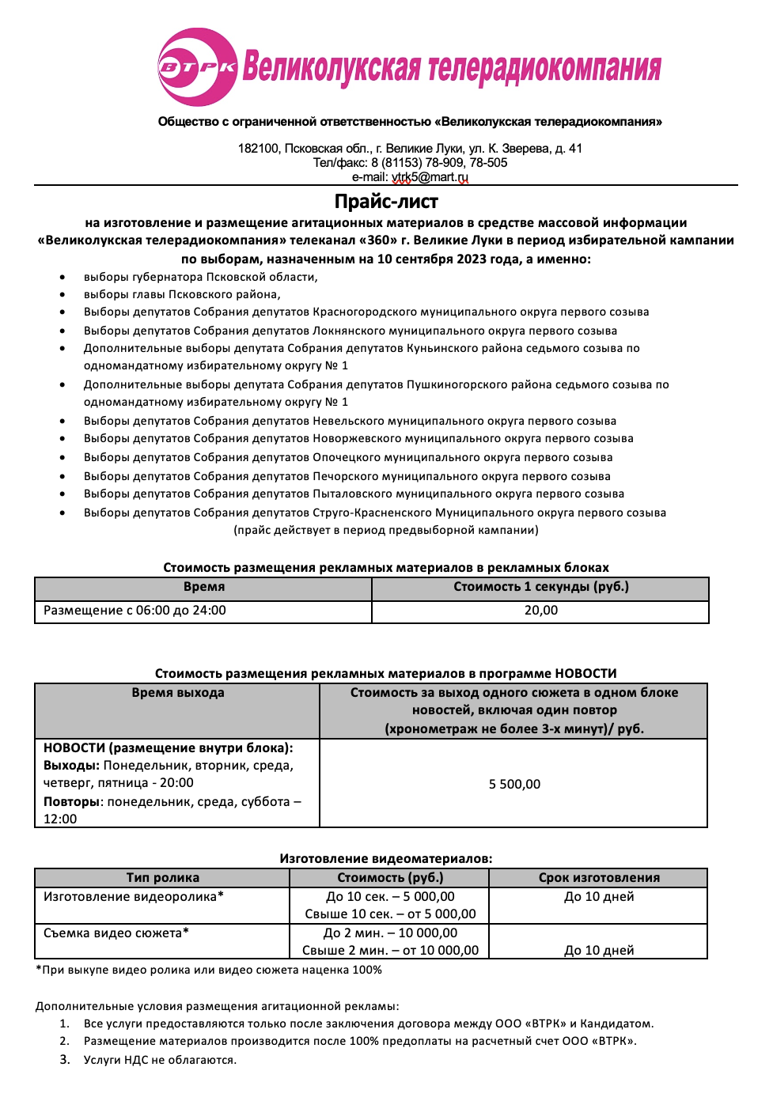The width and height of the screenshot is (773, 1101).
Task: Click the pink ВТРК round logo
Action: point(197,67)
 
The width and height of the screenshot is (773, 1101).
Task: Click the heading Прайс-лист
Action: point(386,202)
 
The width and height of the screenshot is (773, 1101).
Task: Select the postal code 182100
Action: point(258,149)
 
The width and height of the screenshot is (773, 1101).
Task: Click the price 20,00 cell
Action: point(540,611)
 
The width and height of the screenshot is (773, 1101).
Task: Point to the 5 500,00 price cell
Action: point(514,784)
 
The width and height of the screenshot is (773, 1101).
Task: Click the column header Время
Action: point(204,587)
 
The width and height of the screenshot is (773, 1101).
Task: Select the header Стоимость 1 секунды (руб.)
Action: point(540,587)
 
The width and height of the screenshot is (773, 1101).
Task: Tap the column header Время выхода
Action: point(178,693)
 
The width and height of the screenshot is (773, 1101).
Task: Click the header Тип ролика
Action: point(163,878)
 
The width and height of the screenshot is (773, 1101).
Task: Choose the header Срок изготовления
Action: point(599,878)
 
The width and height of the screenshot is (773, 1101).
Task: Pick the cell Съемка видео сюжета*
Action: point(116,933)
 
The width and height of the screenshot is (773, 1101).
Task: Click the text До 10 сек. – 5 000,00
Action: point(390,897)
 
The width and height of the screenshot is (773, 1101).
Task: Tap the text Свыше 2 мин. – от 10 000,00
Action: point(390,951)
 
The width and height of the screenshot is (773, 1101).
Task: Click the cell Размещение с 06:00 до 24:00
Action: point(135,611)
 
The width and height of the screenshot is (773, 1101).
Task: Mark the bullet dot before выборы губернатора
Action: point(63,278)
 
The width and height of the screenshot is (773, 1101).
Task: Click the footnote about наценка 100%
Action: point(209,970)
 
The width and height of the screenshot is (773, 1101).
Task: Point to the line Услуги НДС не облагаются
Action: point(160,1060)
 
